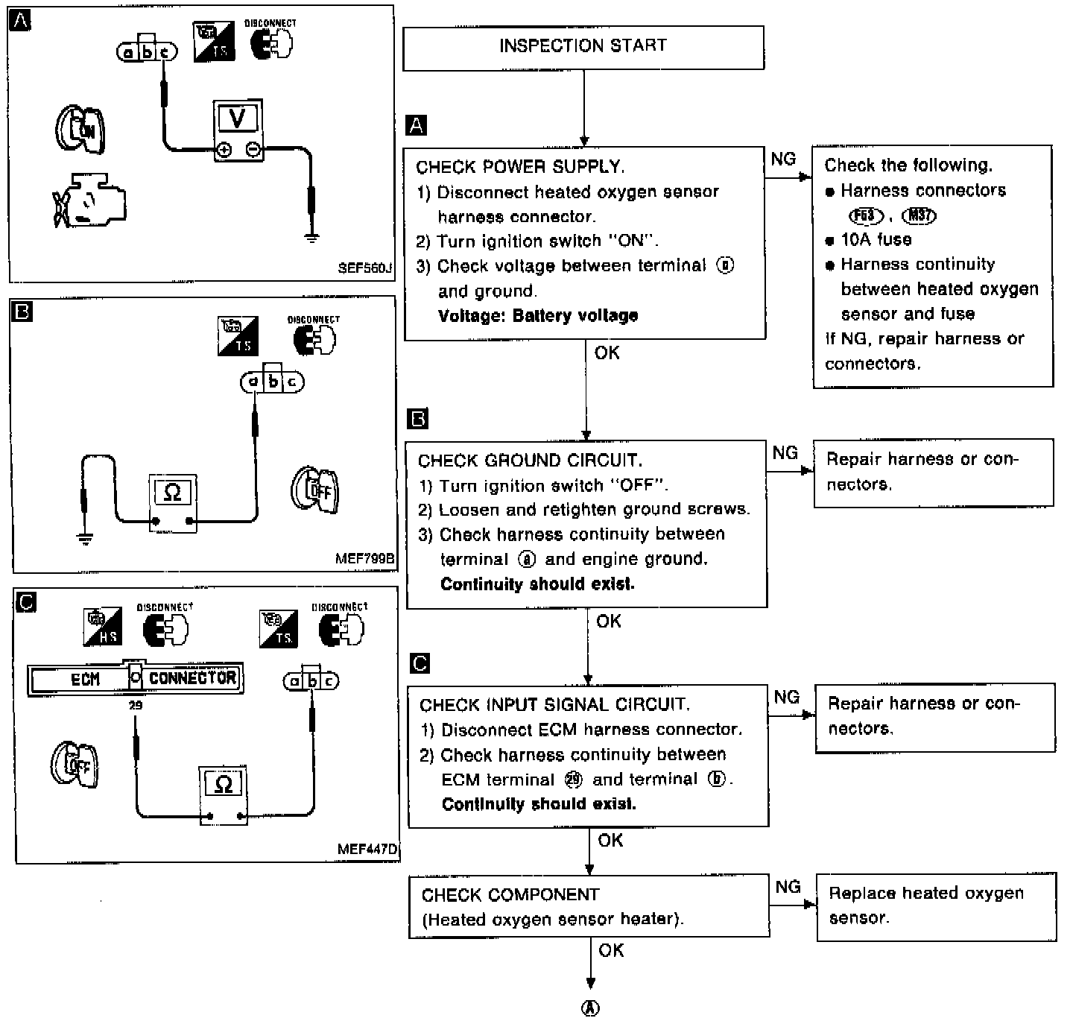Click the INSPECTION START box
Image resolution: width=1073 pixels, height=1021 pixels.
pyautogui.click(x=583, y=47)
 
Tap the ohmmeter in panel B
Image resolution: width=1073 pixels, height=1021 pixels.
pyautogui.click(x=173, y=503)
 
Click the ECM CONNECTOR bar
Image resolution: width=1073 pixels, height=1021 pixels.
pyautogui.click(x=136, y=679)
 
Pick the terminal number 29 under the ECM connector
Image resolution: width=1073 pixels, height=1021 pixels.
pyautogui.click(x=136, y=705)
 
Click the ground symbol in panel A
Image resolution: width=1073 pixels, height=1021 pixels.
pyautogui.click(x=312, y=238)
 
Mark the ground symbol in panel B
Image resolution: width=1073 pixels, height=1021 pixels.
pyautogui.click(x=86, y=538)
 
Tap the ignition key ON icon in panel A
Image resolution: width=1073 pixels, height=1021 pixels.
pyautogui.click(x=80, y=130)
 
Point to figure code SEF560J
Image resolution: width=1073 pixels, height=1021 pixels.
pyautogui.click(x=364, y=268)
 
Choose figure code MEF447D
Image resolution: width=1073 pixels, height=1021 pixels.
pyautogui.click(x=367, y=849)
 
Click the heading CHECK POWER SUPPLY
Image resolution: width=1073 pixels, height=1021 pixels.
pyautogui.click(x=520, y=167)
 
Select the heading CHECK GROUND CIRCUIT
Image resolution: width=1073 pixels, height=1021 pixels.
pyautogui.click(x=530, y=461)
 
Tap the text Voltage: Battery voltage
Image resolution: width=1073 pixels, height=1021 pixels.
pyautogui.click(x=538, y=316)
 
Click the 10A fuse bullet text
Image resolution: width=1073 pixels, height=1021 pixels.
pyautogui.click(x=876, y=240)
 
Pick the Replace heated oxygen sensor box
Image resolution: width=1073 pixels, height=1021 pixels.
pyautogui.click(x=936, y=905)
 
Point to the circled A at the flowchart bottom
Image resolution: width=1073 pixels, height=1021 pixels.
pyautogui.click(x=590, y=1008)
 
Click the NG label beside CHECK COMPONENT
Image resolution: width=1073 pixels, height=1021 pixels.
pyautogui.click(x=788, y=887)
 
